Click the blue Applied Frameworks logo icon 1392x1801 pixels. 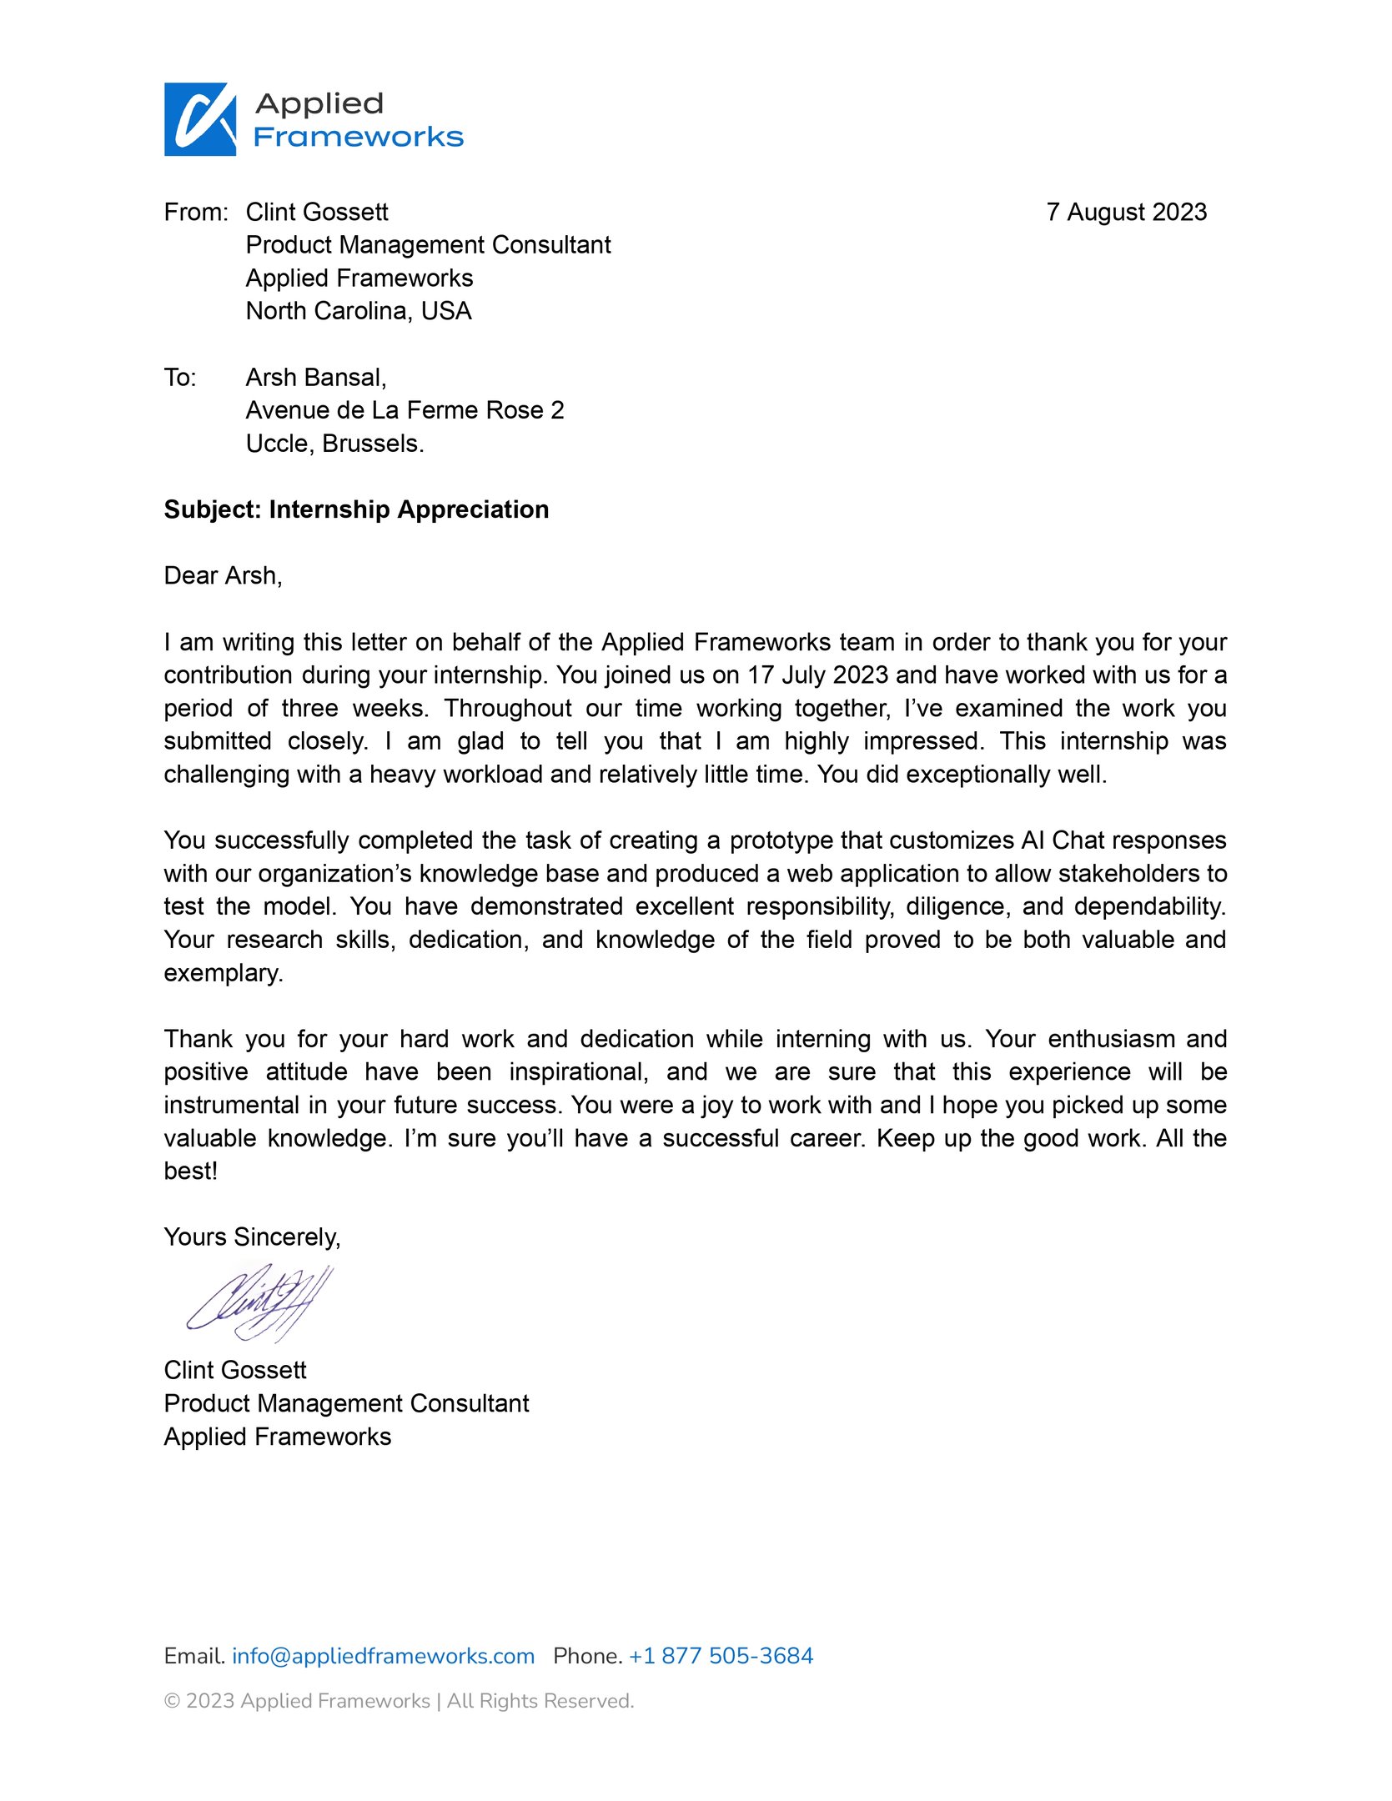200,119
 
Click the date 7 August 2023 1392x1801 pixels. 1126,213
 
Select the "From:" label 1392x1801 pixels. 196,213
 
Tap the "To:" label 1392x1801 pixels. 180,378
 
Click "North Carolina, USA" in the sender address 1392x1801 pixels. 359,311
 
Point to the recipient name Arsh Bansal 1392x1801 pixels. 315,378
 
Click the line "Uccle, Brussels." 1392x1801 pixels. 334,444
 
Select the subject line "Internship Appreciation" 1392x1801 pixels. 409,509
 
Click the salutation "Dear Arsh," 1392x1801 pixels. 223,575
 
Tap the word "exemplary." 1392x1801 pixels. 224,973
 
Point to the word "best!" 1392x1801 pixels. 190,1171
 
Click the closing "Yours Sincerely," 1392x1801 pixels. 252,1237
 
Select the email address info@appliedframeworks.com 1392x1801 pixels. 383,1656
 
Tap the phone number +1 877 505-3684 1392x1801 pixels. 721,1656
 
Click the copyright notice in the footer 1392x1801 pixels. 399,1701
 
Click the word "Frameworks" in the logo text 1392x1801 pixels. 358,138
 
